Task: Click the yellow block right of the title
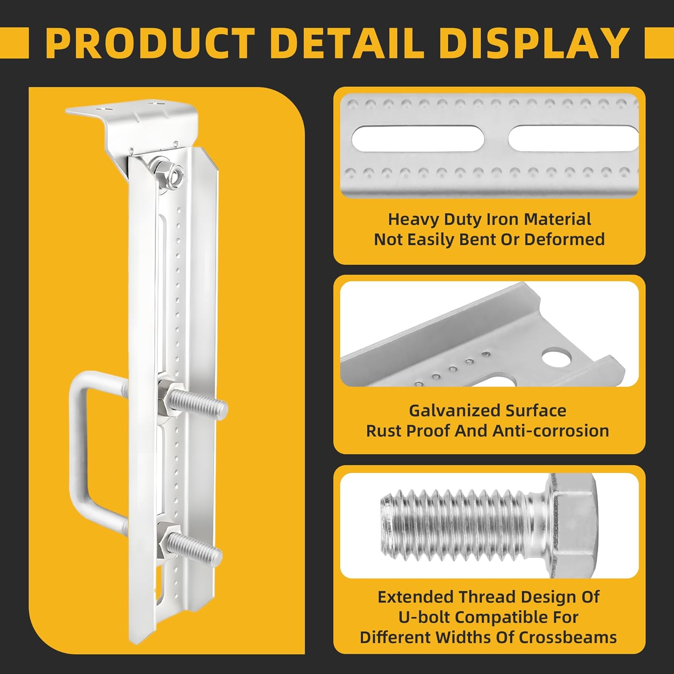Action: click(659, 43)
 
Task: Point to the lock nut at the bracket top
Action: click(167, 171)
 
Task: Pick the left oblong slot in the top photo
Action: click(417, 138)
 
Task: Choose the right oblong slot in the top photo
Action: click(573, 138)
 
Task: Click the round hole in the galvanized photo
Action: click(557, 358)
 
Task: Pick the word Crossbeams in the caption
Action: click(568, 637)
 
